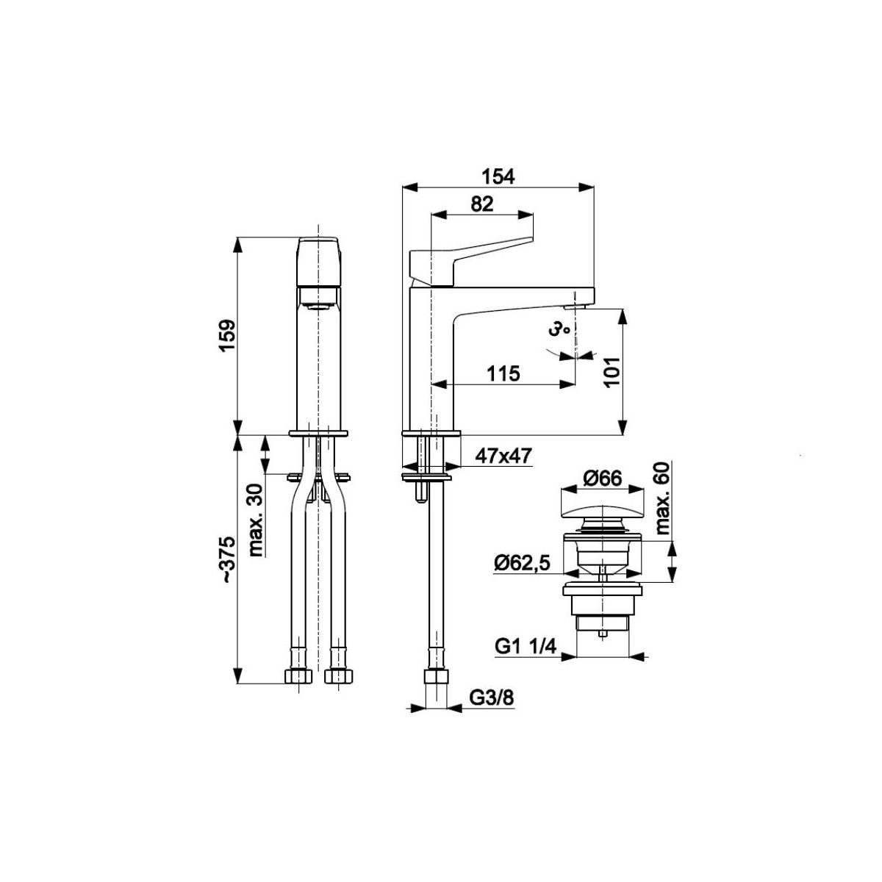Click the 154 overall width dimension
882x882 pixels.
(x=498, y=176)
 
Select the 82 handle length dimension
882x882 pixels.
(x=482, y=204)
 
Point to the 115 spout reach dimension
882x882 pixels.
(x=503, y=374)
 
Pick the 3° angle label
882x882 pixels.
(x=559, y=329)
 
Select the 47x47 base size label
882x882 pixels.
(x=503, y=456)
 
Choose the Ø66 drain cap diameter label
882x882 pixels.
(x=603, y=478)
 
